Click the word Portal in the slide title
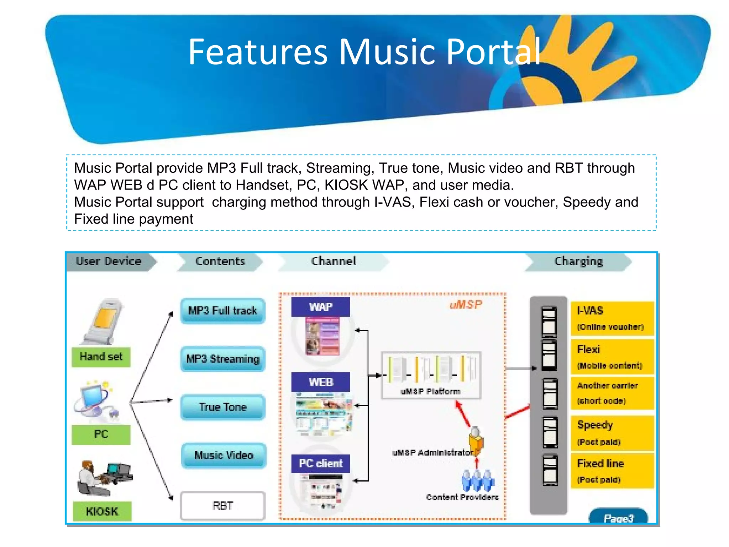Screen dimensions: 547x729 [x=493, y=52]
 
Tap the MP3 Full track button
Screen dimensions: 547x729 [x=223, y=311]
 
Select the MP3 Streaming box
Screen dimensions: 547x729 [x=223, y=359]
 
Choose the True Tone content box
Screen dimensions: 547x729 [x=223, y=407]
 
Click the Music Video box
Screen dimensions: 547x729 [x=224, y=455]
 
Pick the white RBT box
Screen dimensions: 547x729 [x=223, y=506]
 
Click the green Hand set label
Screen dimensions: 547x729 [x=101, y=356]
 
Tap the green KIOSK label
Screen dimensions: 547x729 [x=102, y=511]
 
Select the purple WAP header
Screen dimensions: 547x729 [x=320, y=307]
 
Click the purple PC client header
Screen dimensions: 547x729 [x=320, y=463]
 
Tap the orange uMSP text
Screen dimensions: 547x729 [x=466, y=304]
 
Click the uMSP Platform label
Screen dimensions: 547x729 [x=430, y=391]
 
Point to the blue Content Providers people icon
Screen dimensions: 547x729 [x=478, y=480]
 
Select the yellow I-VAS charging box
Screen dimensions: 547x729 [x=612, y=318]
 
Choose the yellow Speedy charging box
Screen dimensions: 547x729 [x=612, y=433]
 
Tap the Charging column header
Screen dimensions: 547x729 [x=578, y=261]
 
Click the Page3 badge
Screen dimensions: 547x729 [x=618, y=517]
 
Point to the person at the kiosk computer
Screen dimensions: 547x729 [x=89, y=477]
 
